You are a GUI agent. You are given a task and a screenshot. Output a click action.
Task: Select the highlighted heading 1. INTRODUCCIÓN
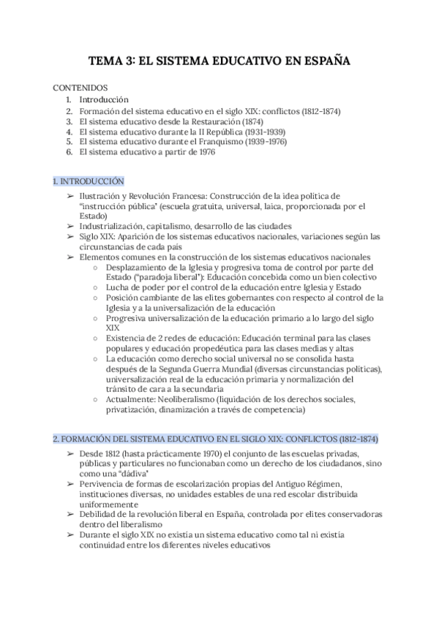88,181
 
